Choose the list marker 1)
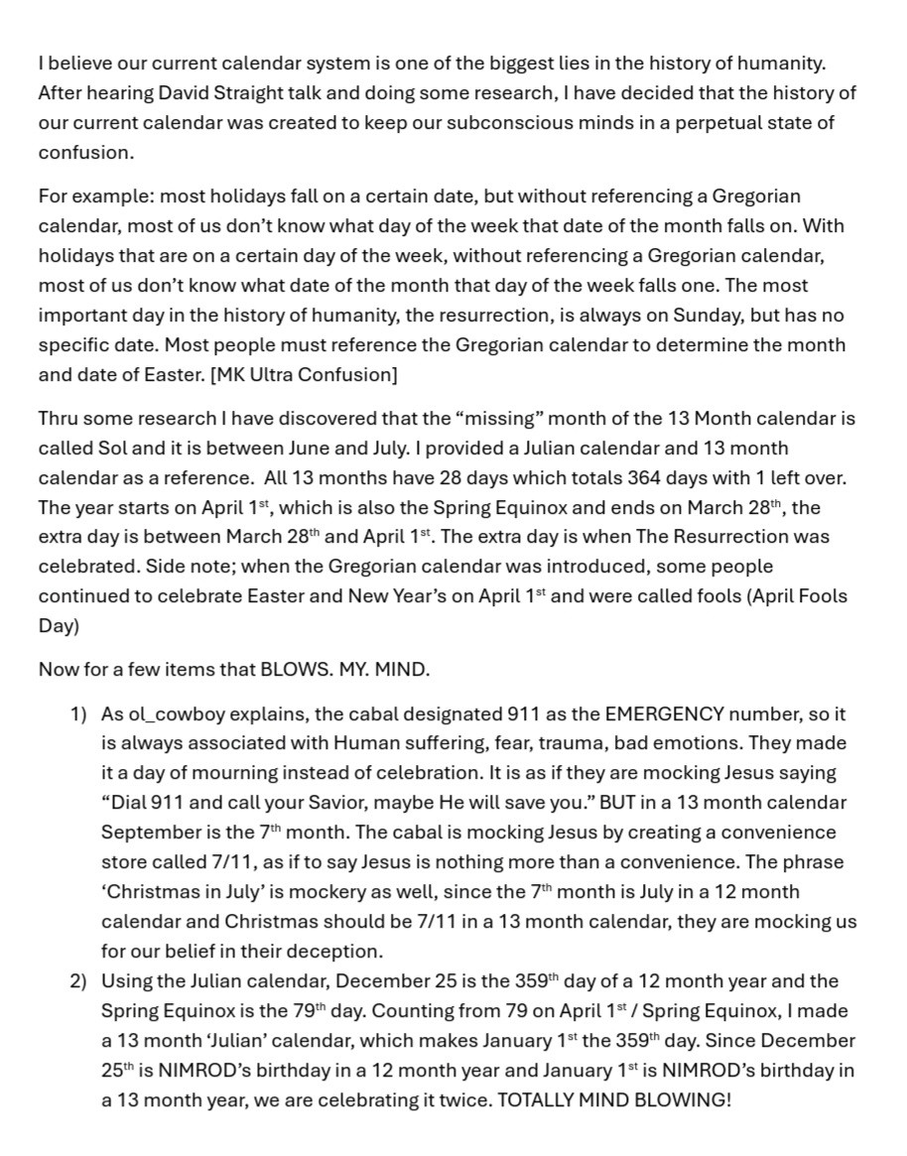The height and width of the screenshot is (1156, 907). [x=78, y=714]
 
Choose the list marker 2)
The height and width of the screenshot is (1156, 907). [x=78, y=981]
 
